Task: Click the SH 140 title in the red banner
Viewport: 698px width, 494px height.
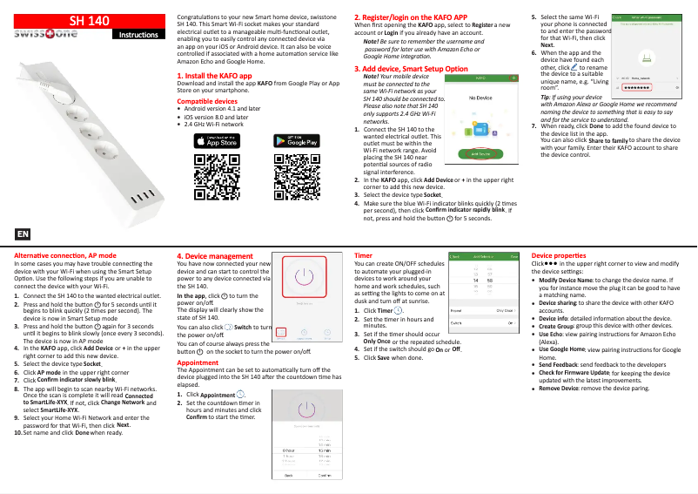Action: click(x=90, y=18)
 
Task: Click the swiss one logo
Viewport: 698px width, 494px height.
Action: click(x=44, y=35)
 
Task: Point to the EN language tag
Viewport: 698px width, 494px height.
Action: click(x=23, y=234)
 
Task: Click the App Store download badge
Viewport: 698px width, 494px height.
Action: click(x=214, y=140)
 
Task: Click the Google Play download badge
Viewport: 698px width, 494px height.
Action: click(x=296, y=140)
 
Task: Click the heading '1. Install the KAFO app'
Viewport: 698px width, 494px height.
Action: click(x=214, y=76)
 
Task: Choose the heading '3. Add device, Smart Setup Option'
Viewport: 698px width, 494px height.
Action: click(x=412, y=67)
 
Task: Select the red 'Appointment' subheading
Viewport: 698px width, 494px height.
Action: click(x=197, y=362)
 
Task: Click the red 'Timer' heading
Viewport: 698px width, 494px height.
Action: click(x=363, y=255)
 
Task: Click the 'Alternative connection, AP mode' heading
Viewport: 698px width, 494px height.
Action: click(x=66, y=254)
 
